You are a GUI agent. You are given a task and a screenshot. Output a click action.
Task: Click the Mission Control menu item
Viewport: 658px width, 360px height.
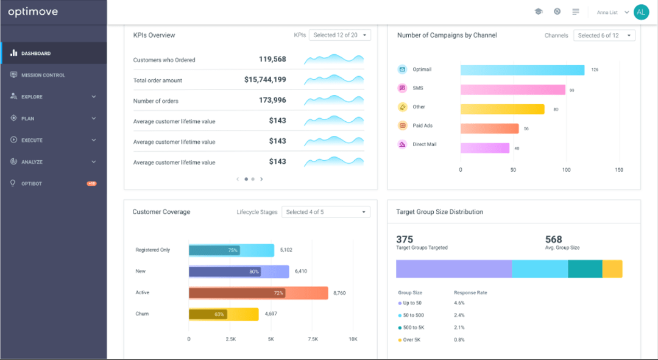pos(43,75)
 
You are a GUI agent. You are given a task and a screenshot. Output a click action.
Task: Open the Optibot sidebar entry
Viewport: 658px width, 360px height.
pos(32,183)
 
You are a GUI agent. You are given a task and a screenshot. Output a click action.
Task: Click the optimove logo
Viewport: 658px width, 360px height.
pos(34,12)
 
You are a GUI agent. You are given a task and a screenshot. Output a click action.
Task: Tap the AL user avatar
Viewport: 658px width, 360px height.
pos(641,12)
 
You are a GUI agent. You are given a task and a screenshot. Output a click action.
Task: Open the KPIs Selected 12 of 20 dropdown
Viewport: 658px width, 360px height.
pos(339,35)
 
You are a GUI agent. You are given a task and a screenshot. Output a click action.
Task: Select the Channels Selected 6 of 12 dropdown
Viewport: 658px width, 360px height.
pos(604,35)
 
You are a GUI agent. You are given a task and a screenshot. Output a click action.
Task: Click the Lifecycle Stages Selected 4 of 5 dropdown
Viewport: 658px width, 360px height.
pos(326,212)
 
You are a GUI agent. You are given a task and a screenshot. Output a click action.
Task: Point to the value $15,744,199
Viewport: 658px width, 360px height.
pos(265,80)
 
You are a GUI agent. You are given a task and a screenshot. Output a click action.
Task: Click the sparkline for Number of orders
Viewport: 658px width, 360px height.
pos(334,101)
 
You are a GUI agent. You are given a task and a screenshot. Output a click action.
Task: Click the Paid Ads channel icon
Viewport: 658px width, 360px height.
pos(402,125)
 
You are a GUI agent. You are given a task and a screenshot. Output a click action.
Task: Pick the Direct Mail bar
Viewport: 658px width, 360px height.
pos(484,148)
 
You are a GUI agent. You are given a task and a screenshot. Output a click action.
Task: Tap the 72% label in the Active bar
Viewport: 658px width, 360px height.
pos(278,293)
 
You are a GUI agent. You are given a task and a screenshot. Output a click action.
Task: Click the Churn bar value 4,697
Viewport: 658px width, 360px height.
pos(271,314)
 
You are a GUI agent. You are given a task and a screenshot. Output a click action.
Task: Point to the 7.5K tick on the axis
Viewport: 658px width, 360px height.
pos(313,339)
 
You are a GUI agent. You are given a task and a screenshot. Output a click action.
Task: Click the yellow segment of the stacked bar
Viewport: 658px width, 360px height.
pos(612,269)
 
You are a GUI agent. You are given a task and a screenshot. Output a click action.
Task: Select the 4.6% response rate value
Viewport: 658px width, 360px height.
pos(460,303)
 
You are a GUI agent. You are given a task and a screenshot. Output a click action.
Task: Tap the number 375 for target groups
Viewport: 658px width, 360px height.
pos(405,239)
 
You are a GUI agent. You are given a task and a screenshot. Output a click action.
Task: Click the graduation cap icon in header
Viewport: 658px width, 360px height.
pos(538,12)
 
